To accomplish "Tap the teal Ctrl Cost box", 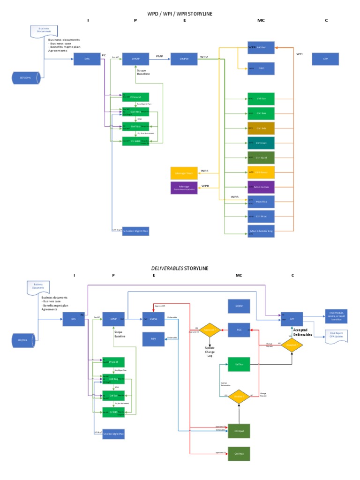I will click(x=261, y=143).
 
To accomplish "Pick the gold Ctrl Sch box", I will click(x=261, y=128).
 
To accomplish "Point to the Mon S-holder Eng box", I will click(x=261, y=231).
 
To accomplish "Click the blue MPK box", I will click(x=153, y=337).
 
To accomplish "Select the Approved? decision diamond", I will click(x=210, y=330).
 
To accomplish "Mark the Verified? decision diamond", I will click(x=240, y=396).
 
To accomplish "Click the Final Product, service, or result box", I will click(x=336, y=316).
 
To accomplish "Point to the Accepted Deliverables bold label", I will click(x=302, y=332).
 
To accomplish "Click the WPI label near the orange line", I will click(x=300, y=54).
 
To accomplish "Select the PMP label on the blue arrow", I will click(x=160, y=55).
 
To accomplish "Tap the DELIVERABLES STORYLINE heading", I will click(x=180, y=268).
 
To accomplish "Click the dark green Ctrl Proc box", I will click(x=239, y=454).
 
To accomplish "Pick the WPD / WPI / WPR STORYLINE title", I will click(x=180, y=14).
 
